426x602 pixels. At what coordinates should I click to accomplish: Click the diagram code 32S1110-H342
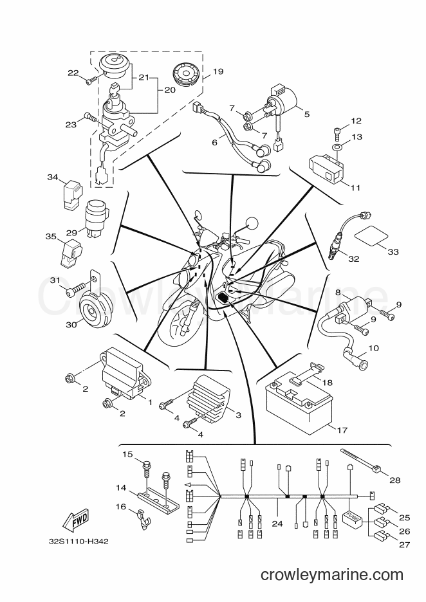pyautogui.click(x=79, y=542)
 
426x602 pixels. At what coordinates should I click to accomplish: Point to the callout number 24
pyautogui.click(x=277, y=524)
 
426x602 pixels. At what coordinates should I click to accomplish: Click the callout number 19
pyautogui.click(x=218, y=71)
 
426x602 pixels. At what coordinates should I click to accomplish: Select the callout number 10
pyautogui.click(x=373, y=348)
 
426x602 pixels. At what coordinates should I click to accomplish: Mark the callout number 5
pyautogui.click(x=306, y=114)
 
